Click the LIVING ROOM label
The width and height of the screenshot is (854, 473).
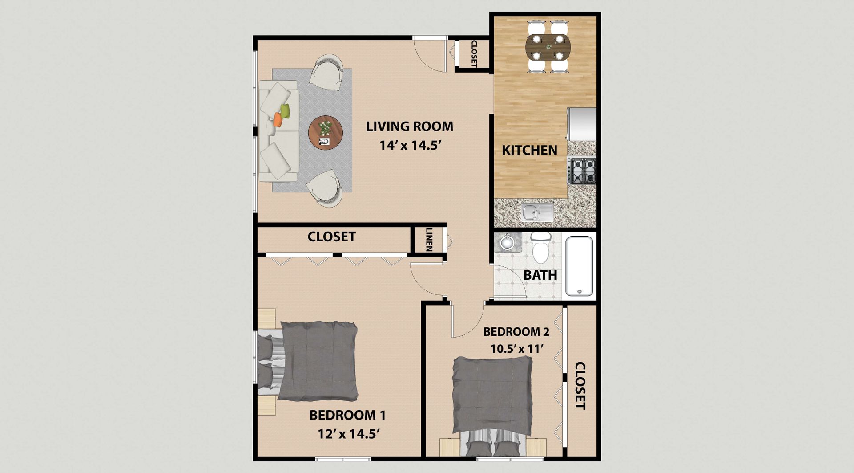(x=409, y=126)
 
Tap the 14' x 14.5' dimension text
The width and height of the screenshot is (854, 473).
(x=409, y=146)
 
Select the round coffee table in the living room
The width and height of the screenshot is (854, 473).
(x=326, y=133)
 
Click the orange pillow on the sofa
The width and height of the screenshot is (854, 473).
(x=278, y=119)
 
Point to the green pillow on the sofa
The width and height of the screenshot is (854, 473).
(x=285, y=110)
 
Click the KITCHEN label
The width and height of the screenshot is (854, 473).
(x=529, y=151)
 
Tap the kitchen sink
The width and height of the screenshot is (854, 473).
(x=537, y=212)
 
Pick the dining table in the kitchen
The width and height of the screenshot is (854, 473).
(x=548, y=46)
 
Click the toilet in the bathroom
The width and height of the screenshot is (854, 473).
(x=541, y=248)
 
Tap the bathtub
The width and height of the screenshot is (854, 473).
(x=579, y=266)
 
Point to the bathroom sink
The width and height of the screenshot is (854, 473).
(x=507, y=242)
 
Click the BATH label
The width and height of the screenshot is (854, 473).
(x=540, y=275)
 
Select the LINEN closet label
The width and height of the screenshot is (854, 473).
(x=429, y=240)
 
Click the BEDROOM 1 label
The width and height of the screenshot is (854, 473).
(x=347, y=415)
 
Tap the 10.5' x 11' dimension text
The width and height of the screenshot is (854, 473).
(x=517, y=348)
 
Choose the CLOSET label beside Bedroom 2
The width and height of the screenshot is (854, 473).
(x=580, y=385)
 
